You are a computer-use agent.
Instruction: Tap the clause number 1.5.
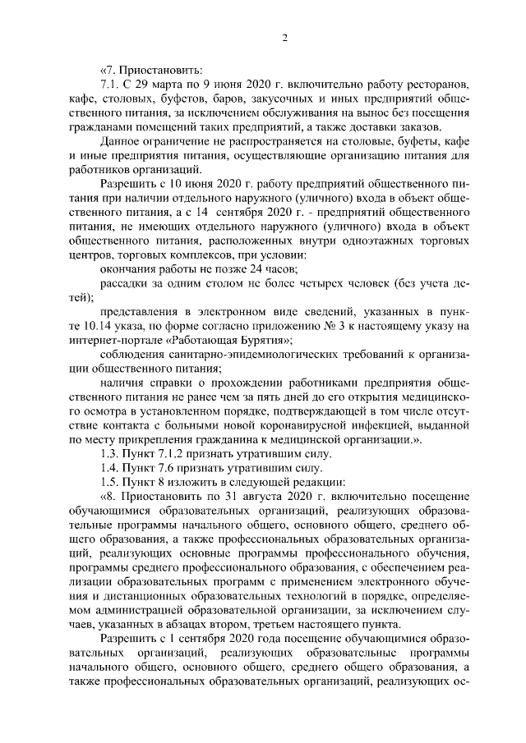click(109, 506)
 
